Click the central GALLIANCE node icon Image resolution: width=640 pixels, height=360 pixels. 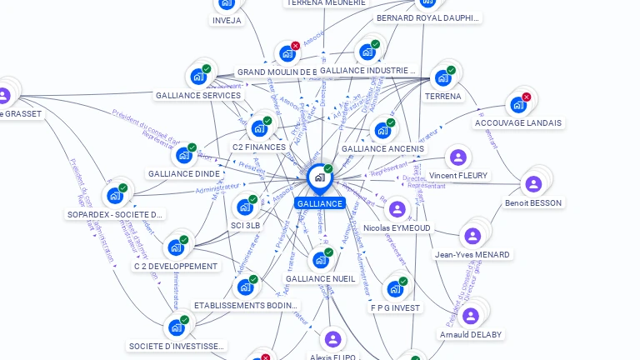[319, 177]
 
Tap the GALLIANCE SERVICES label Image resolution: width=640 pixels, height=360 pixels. [198, 95]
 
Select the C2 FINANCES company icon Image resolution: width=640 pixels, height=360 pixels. [259, 128]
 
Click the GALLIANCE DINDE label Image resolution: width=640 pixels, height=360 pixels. [183, 173]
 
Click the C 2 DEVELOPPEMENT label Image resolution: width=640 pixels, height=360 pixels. [176, 267]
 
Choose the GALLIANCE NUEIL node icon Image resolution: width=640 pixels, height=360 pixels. [320, 260]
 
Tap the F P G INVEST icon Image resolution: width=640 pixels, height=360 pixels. [395, 289]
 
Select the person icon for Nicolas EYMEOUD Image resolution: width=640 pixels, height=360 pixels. [397, 209]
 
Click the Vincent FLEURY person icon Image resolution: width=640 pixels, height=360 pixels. [457, 157]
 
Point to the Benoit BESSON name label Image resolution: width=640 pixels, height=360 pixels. [533, 202]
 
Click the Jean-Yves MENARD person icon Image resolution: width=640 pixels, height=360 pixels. [472, 236]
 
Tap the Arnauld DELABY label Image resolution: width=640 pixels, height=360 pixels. [472, 335]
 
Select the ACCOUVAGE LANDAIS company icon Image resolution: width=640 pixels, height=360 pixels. [518, 105]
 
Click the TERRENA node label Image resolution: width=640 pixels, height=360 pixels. [442, 97]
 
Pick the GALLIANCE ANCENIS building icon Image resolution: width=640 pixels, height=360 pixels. [382, 130]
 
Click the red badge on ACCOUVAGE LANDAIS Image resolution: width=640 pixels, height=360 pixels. [527, 97]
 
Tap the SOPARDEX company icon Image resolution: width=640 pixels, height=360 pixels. [114, 196]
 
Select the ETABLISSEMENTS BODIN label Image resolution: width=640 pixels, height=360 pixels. [246, 306]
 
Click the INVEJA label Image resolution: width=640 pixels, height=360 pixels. [227, 20]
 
